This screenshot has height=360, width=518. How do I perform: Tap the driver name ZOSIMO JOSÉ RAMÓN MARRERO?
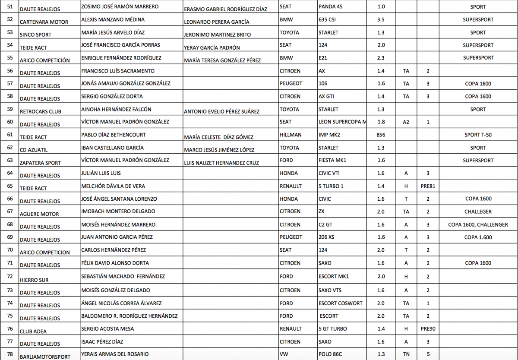(x=120, y=7)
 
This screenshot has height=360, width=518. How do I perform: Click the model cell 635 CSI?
(x=329, y=19)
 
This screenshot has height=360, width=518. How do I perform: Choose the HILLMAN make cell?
(x=291, y=135)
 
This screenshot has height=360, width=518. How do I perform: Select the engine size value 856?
(x=381, y=135)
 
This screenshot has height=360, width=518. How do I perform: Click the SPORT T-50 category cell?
(x=478, y=135)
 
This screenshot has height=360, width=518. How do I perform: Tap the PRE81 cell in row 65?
(x=428, y=186)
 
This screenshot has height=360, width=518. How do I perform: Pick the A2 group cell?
(x=406, y=122)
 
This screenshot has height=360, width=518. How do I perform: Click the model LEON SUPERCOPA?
(x=342, y=122)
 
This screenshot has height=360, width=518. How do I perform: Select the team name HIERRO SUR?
(x=34, y=280)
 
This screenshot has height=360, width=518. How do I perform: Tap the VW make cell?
(x=284, y=354)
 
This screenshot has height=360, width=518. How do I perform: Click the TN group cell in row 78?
(x=406, y=354)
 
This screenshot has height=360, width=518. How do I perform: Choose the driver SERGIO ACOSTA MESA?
(x=107, y=328)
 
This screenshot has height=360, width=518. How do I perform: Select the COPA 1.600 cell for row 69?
(x=478, y=237)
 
